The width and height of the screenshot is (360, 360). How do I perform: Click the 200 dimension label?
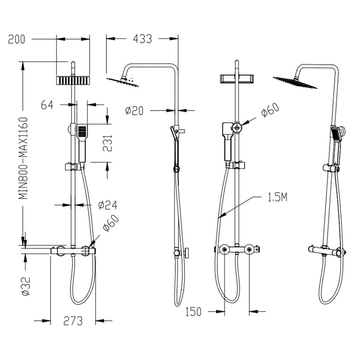[17, 39]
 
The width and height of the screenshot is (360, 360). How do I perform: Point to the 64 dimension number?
[47, 105]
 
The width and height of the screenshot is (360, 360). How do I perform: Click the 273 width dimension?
[74, 321]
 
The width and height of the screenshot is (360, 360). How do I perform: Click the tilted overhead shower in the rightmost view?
[289, 80]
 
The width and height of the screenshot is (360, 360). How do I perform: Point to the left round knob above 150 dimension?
[224, 250]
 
